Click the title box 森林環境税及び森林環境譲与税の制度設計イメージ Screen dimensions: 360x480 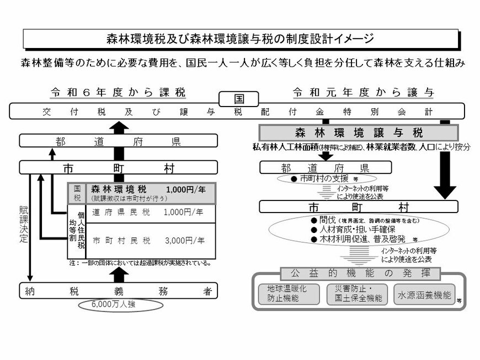(x=241, y=38)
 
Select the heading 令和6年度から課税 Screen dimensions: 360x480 (x=118, y=91)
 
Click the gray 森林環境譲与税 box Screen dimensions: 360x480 (x=358, y=133)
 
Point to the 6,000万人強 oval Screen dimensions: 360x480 (x=118, y=304)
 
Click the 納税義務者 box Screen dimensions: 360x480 (x=118, y=291)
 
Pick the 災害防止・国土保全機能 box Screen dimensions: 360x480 (x=354, y=294)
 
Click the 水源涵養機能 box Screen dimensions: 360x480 (x=424, y=294)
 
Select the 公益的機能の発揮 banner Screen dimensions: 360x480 (x=360, y=273)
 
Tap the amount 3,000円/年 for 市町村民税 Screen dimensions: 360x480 (x=184, y=241)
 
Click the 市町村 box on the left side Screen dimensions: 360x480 (x=118, y=166)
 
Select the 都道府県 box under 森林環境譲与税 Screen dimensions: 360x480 (x=325, y=167)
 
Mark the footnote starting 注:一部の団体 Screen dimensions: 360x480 (x=140, y=263)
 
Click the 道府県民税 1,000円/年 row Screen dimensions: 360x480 (x=148, y=212)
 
